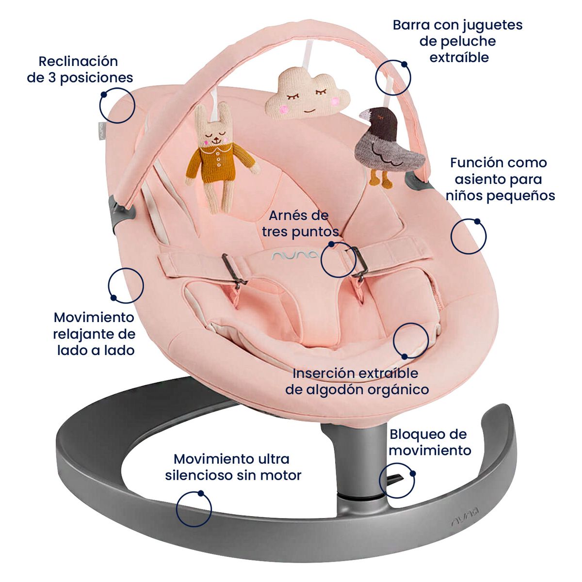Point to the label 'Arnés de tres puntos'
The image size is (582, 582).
300,223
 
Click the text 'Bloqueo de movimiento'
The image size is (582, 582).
429,442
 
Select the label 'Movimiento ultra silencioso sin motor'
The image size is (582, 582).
233,467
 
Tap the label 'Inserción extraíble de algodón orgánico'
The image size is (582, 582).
356,381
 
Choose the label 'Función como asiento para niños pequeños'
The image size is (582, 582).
500,179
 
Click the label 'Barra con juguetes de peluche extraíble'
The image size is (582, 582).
457,41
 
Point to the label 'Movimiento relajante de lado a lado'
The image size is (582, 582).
94,334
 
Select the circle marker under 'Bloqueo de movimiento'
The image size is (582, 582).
397,481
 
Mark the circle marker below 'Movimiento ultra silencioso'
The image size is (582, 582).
194,509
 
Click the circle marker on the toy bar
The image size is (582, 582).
393,78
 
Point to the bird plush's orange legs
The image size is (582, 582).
380,178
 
